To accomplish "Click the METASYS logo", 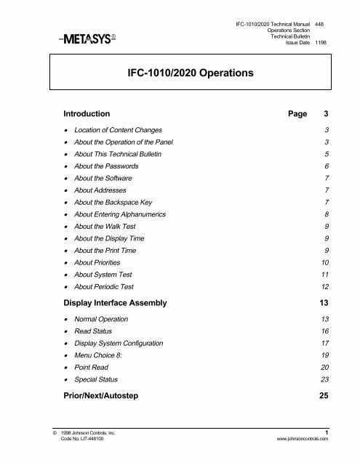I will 79,39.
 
